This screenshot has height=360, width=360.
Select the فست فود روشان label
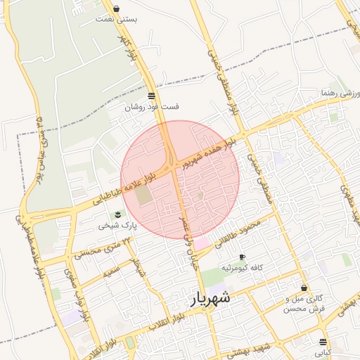point(152,107)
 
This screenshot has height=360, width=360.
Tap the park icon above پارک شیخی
point(117,214)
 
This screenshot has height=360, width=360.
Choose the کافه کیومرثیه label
point(243,268)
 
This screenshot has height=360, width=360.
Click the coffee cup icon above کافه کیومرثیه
point(243,257)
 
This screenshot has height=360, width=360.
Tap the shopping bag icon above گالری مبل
point(304,288)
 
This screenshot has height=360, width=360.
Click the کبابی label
point(323,352)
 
